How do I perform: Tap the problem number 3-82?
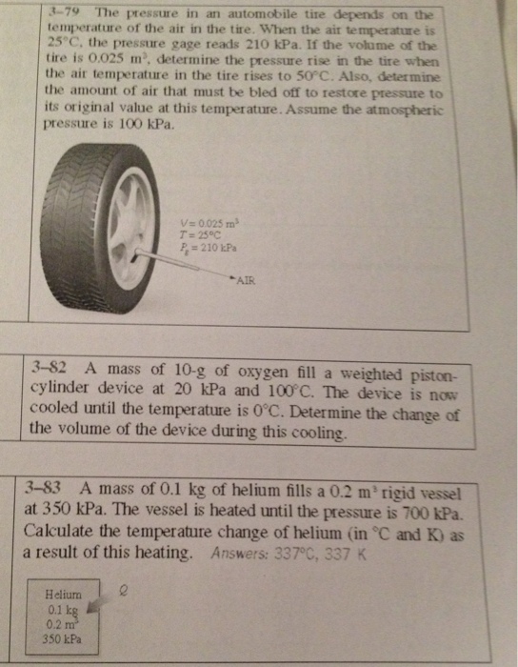click(49, 369)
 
